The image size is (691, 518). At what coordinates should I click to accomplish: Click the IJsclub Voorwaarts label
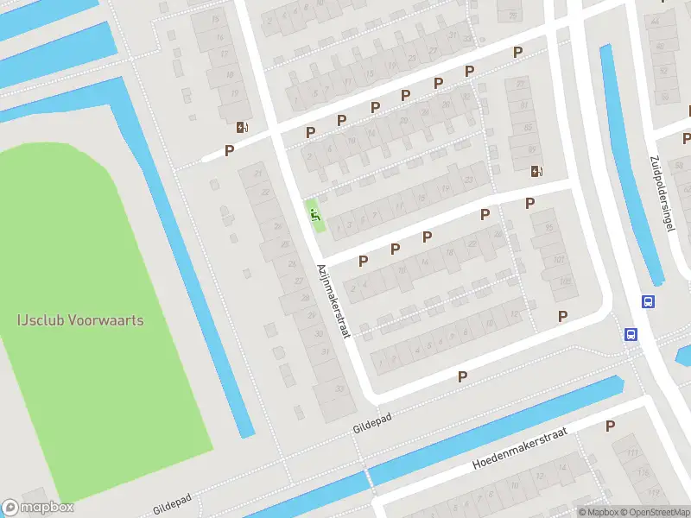coord(80,320)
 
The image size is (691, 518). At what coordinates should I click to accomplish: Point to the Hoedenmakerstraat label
coord(519,451)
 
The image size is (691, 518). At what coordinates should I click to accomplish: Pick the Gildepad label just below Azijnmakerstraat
coord(372,422)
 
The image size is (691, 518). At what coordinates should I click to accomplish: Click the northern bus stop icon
coord(648,301)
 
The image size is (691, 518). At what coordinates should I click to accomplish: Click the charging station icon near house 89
coord(537,171)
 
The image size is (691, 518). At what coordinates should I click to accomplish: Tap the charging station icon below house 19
coord(243,128)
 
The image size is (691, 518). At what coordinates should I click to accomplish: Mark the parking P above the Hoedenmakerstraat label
coord(610,426)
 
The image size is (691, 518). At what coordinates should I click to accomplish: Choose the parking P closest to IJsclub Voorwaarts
coord(229,150)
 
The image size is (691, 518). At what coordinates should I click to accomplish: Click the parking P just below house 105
coord(563,316)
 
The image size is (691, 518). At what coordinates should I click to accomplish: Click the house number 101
coord(559,259)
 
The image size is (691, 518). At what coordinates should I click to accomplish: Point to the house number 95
coord(548,227)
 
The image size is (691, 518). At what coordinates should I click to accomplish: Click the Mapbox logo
coord(38,508)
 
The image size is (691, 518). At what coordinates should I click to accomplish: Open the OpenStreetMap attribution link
coord(653,512)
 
